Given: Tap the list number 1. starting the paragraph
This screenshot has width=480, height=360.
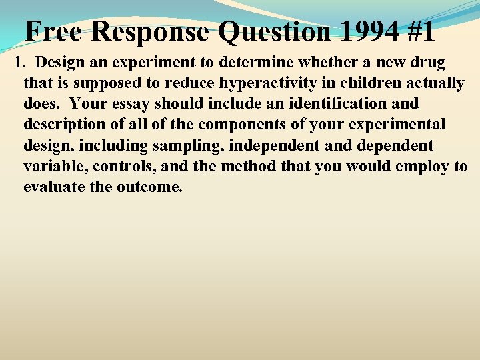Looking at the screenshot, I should (x=20, y=63).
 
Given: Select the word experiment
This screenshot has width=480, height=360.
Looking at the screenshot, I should (x=139, y=63).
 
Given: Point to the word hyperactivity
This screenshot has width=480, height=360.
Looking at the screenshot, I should (x=281, y=83).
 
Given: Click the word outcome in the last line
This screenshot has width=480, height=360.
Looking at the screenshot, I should (x=148, y=187).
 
